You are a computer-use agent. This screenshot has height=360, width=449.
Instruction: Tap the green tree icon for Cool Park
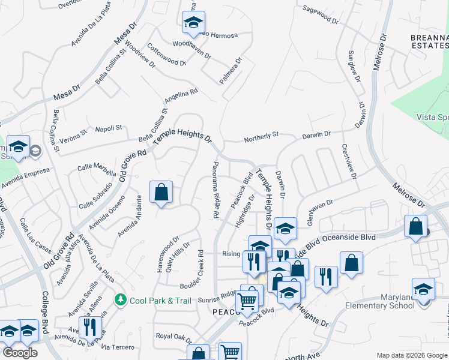point(121,299)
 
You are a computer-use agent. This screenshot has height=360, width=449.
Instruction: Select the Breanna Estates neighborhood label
point(429,41)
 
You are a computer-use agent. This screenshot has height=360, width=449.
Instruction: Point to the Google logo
point(20,353)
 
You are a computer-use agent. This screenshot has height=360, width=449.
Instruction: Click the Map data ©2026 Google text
point(412,355)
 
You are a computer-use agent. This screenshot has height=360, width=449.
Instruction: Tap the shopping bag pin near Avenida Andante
point(161,193)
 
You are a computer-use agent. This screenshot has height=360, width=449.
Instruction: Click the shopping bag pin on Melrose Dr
point(416,227)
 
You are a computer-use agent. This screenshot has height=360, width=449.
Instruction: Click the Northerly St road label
point(261,139)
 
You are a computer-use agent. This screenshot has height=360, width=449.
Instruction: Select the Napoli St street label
point(109,128)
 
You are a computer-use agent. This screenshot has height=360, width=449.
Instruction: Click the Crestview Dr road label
point(350,161)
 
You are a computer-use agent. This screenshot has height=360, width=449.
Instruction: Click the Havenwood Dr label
point(168,254)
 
